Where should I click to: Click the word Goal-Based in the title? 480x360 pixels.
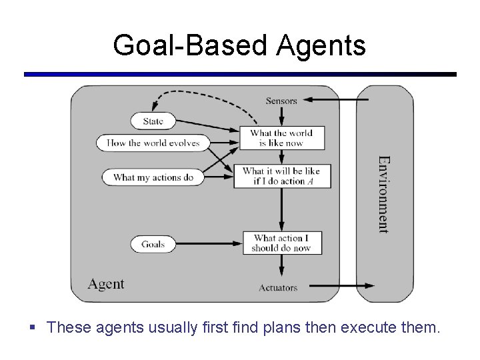[x=180, y=46]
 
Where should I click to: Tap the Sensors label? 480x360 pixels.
[x=281, y=101]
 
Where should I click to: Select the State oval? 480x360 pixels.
[x=153, y=121]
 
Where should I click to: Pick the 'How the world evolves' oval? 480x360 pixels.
[x=153, y=143]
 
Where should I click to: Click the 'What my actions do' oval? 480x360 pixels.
[x=153, y=177]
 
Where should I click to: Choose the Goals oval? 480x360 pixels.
[x=153, y=244]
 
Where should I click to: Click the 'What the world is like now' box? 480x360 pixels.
[x=281, y=138]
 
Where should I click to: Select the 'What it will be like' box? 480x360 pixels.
[x=281, y=176]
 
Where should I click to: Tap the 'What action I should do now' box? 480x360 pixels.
[x=281, y=243]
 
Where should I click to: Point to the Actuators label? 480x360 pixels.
[x=278, y=288]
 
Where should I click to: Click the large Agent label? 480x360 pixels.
[x=106, y=284]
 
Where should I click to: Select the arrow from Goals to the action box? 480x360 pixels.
[x=207, y=243]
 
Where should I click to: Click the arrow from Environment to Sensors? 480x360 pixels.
[x=333, y=101]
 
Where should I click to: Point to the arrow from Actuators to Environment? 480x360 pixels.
[x=340, y=287]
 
